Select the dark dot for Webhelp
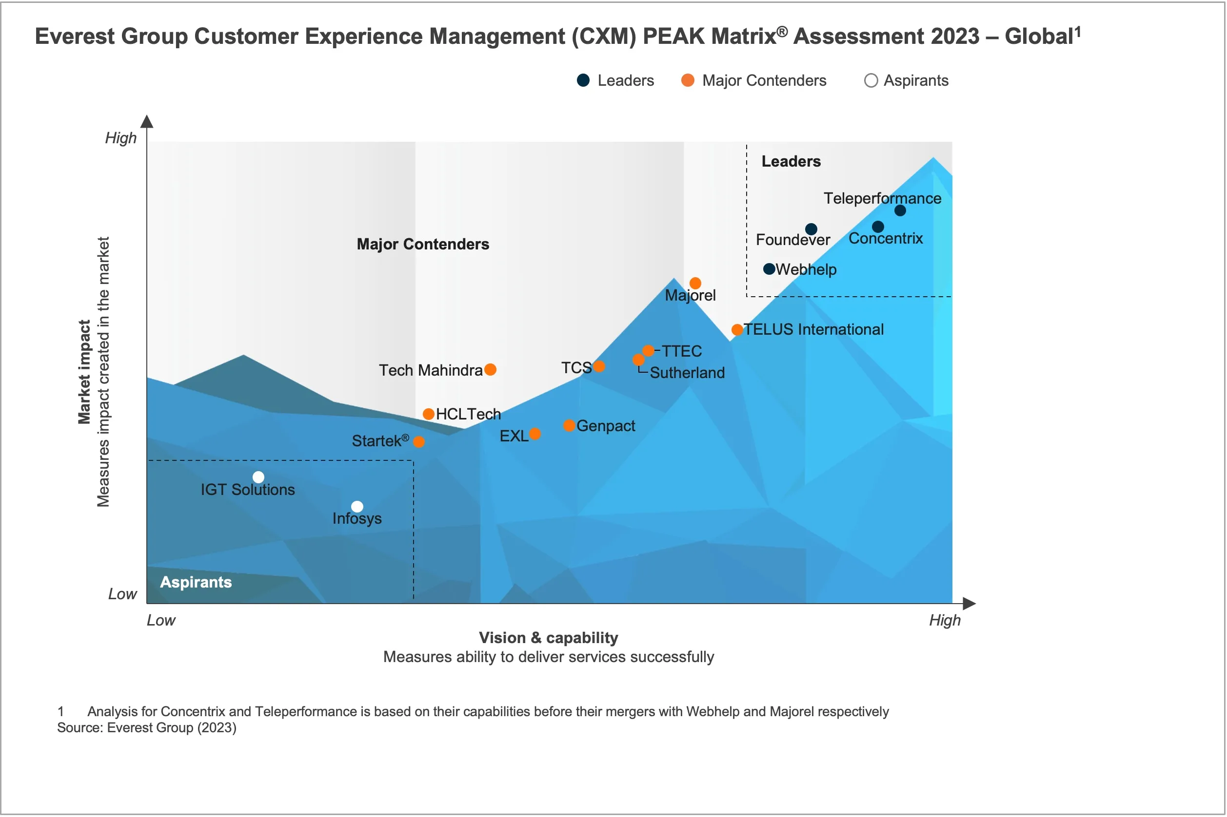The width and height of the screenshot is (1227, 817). tap(769, 269)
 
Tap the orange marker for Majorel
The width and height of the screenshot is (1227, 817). tap(694, 283)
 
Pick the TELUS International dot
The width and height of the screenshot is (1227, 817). tap(737, 330)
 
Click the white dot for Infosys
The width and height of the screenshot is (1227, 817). tap(356, 507)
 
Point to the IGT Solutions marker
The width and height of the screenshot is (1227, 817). tap(258, 477)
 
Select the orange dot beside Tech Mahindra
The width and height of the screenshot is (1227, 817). tap(490, 369)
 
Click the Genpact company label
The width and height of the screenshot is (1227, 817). tap(605, 426)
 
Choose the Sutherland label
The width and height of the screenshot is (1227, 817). tap(687, 373)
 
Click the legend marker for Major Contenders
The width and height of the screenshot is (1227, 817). tap(687, 80)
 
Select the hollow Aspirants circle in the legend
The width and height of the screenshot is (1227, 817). tap(871, 80)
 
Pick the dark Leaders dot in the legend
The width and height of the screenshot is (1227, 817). tap(583, 80)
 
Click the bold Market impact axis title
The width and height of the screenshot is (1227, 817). tap(84, 372)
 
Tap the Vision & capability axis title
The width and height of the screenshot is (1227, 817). tap(548, 637)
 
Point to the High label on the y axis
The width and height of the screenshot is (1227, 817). tap(120, 138)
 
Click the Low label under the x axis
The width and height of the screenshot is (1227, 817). tap(160, 620)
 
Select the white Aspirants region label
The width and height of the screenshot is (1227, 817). tap(196, 582)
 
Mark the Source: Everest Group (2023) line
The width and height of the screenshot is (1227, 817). tap(146, 727)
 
